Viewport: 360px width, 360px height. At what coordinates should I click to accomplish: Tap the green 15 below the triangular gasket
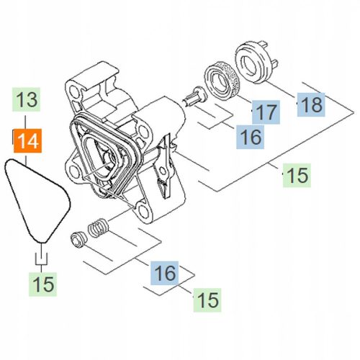pos(43,284)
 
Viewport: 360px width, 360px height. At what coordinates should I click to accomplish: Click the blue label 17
pos(264,112)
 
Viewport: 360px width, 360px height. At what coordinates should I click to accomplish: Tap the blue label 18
pos(310,104)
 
